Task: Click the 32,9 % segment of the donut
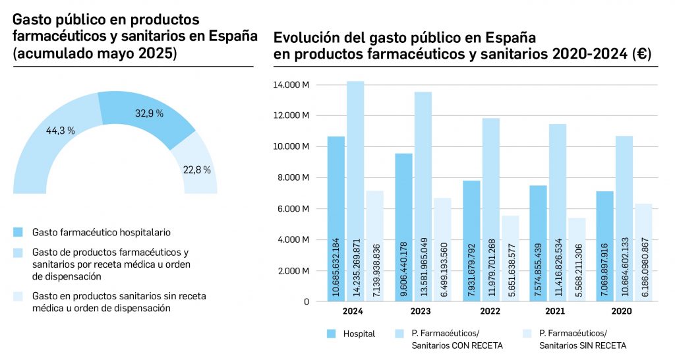(x=148, y=117)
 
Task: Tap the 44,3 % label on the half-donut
(x=60, y=131)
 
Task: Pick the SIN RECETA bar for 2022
(x=510, y=258)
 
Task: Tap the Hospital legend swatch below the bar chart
(x=332, y=334)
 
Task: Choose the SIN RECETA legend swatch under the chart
(x=527, y=334)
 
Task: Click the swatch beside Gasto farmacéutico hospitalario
(x=18, y=232)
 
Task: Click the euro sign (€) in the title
(x=640, y=55)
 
